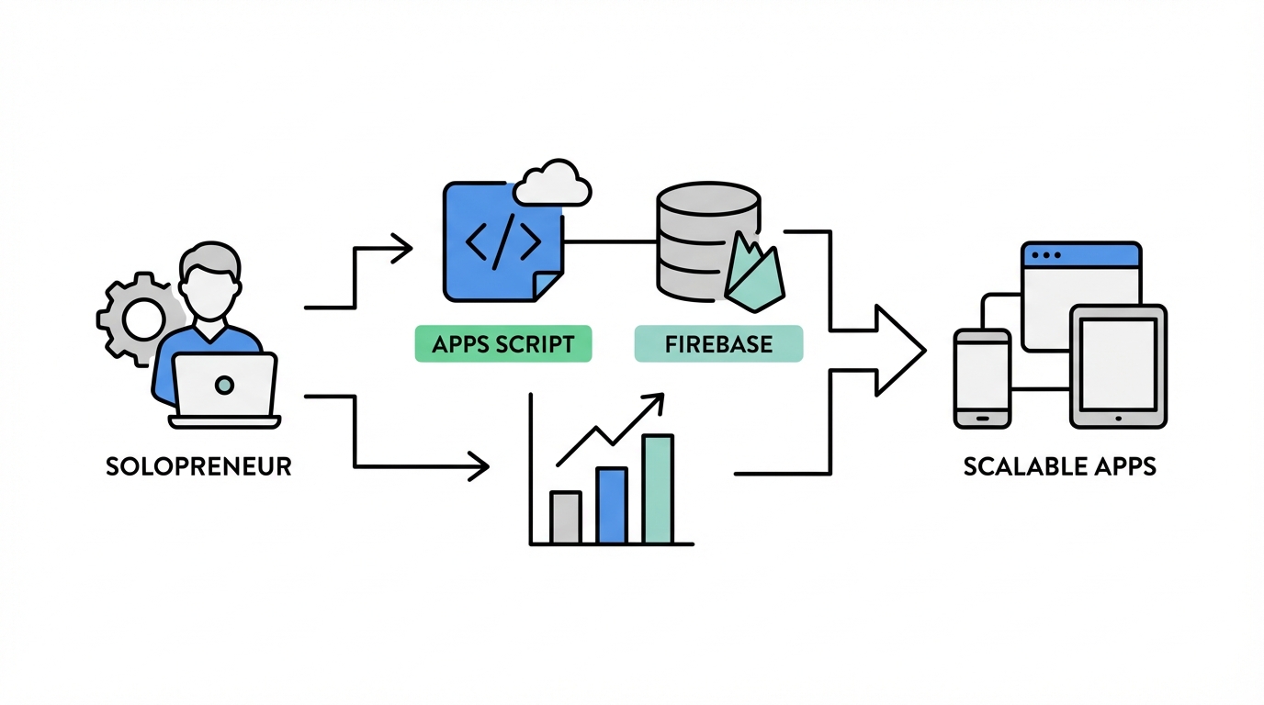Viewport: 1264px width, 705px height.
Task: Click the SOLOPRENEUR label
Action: (x=198, y=466)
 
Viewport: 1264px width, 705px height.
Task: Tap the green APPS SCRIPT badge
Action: (x=503, y=345)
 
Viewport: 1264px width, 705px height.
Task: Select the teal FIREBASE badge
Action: (x=718, y=345)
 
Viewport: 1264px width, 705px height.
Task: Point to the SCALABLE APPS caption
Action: (x=1059, y=466)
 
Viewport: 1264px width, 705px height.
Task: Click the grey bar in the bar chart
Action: (x=566, y=517)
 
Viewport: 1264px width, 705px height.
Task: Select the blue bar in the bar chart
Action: (x=611, y=505)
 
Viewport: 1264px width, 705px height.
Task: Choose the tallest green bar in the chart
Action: (x=658, y=488)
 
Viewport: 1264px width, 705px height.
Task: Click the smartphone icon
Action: (x=982, y=377)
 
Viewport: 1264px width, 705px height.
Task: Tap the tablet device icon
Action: (x=1118, y=366)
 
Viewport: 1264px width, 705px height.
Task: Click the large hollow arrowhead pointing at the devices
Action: (x=896, y=350)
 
